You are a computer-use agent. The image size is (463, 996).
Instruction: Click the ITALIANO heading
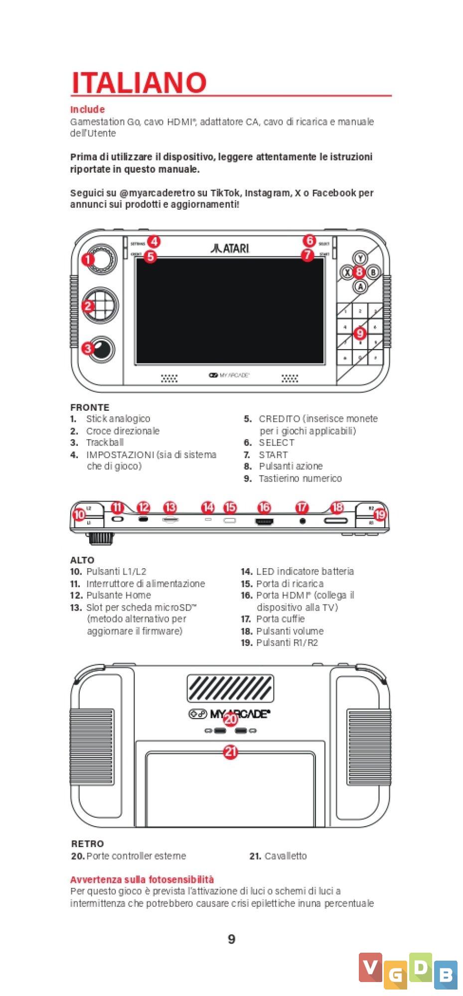139,83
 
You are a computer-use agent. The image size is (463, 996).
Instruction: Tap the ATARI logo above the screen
230,248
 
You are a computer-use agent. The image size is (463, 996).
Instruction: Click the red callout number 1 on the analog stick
88,259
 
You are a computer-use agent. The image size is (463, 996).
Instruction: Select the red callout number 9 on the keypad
359,333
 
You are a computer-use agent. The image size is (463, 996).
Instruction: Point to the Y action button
360,257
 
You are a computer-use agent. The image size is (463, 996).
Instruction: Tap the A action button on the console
360,286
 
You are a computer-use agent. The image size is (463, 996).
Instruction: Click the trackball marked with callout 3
102,349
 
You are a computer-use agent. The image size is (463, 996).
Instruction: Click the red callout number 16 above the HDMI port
264,507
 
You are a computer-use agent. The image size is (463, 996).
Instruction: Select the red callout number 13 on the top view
170,507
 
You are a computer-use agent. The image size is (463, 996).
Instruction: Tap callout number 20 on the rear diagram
230,719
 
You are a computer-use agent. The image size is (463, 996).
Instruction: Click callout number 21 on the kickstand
230,751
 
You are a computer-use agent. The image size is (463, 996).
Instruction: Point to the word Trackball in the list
105,442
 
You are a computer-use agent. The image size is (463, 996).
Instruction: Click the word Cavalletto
286,856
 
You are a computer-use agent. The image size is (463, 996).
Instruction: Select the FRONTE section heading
90,407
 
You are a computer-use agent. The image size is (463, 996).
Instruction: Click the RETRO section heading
88,844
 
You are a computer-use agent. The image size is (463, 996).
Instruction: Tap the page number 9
231,939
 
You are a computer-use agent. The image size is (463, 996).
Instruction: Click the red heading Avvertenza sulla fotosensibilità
142,879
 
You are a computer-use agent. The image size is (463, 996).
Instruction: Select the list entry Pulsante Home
119,595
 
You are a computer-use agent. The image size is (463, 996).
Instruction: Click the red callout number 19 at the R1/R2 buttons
380,514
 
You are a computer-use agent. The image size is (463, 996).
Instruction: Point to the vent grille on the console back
230,688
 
